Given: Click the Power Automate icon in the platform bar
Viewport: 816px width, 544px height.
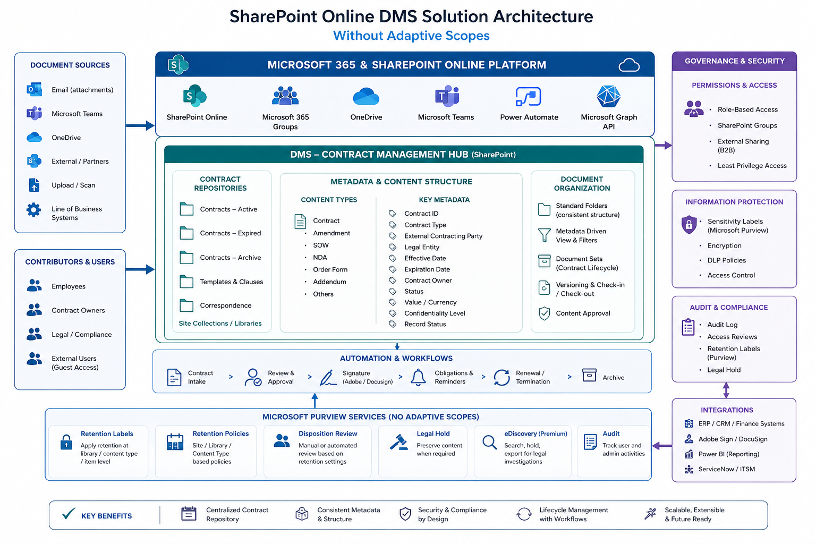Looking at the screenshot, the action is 528,97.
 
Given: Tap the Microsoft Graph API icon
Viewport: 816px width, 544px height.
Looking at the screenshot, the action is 608,96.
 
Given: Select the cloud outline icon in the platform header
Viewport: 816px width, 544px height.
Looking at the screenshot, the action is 629,65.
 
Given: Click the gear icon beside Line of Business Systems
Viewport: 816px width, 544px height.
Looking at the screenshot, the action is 33,210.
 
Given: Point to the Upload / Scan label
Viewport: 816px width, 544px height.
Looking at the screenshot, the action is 73,185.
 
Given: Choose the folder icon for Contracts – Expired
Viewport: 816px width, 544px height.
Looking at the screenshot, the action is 186,233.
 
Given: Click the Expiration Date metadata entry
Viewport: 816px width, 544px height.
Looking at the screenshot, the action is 427,269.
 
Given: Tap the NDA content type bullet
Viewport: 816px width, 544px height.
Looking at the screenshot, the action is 320,257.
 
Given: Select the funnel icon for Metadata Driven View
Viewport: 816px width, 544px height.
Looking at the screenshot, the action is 544,235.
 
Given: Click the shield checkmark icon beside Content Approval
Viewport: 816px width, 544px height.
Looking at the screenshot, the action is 544,313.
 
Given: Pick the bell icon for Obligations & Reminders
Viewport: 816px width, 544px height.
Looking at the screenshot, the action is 418,377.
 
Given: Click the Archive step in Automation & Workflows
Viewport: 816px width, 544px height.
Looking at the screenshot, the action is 613,378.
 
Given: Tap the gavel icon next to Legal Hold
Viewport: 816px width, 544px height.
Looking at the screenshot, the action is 399,442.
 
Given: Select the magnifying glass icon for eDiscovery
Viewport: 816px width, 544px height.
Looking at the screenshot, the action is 490,443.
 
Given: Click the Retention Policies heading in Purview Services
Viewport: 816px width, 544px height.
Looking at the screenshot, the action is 220,433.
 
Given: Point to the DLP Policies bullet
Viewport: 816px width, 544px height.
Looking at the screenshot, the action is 726,260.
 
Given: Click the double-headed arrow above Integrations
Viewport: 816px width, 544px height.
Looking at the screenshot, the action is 726,390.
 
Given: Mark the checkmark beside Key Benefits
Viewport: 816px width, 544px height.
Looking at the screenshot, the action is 69,513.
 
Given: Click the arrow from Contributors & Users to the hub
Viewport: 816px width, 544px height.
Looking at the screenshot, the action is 140,270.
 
